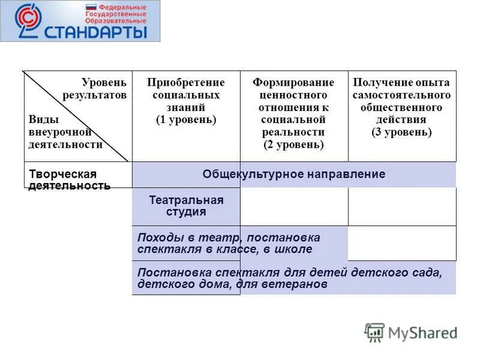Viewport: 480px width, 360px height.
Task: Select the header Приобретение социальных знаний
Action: tap(186, 95)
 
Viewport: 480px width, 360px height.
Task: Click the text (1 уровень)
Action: tap(186, 119)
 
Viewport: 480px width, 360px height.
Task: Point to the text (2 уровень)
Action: tap(293, 145)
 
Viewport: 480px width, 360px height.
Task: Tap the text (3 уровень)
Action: tap(401, 132)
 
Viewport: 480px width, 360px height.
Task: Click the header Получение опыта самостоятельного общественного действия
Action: tap(401, 101)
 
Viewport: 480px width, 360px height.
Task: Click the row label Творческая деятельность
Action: tap(66, 179)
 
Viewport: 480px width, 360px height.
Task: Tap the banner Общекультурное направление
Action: tap(293, 175)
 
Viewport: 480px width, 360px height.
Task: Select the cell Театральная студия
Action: tap(186, 206)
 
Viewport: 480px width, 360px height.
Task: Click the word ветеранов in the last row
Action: tap(299, 284)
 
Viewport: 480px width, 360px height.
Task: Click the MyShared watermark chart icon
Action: tap(374, 332)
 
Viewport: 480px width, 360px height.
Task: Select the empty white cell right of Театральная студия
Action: tap(293, 206)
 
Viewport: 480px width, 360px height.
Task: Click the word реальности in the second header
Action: tap(293, 132)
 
